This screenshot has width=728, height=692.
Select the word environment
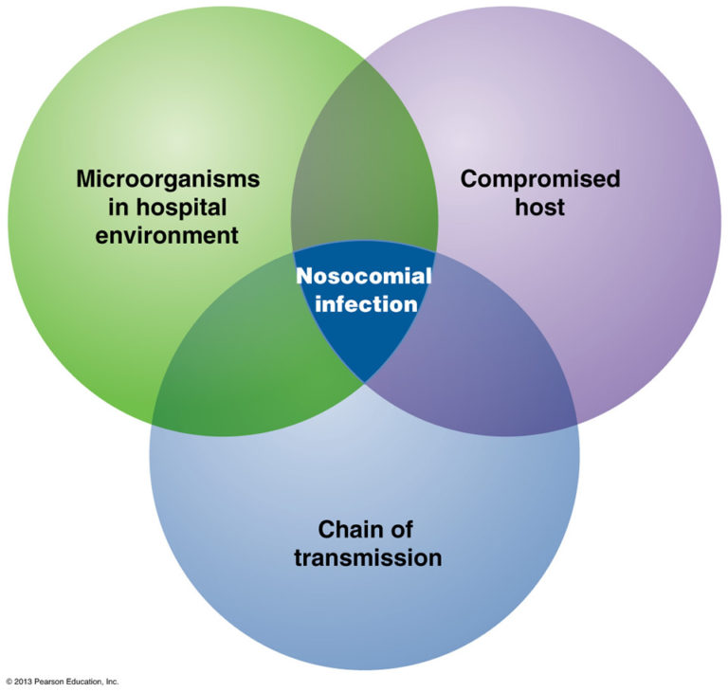pos(167,234)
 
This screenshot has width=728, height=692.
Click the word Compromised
pos(539,179)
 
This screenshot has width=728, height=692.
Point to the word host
pos(539,207)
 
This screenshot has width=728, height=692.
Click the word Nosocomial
pos(363,277)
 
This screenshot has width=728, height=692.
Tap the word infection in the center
pos(365,304)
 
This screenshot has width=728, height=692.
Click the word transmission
pos(368,556)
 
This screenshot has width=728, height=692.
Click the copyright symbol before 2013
pos(9,682)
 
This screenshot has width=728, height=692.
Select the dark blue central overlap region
pos(365,332)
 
